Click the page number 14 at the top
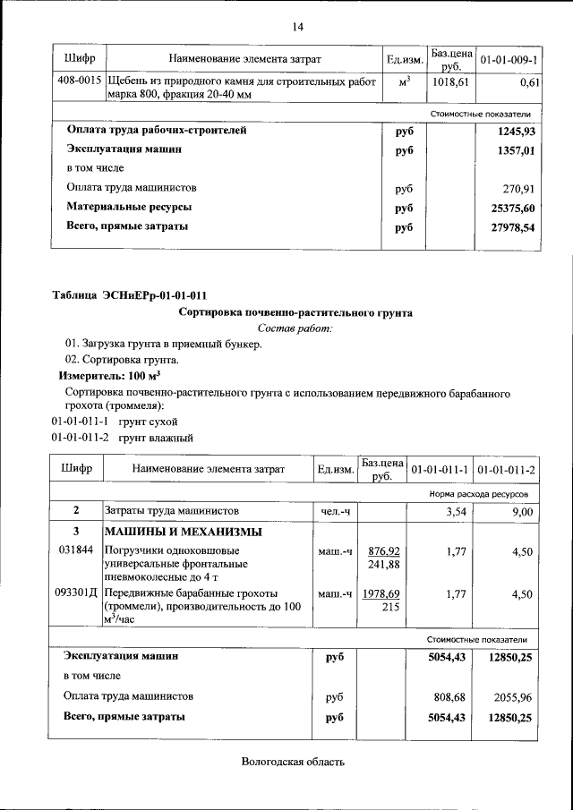point(297,25)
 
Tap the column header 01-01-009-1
point(509,59)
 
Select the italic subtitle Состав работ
point(295,328)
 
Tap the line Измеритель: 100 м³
point(110,377)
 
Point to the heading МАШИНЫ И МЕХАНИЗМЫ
point(184,532)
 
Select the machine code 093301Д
point(76,593)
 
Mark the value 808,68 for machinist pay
point(447,695)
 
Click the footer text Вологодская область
point(292,762)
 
